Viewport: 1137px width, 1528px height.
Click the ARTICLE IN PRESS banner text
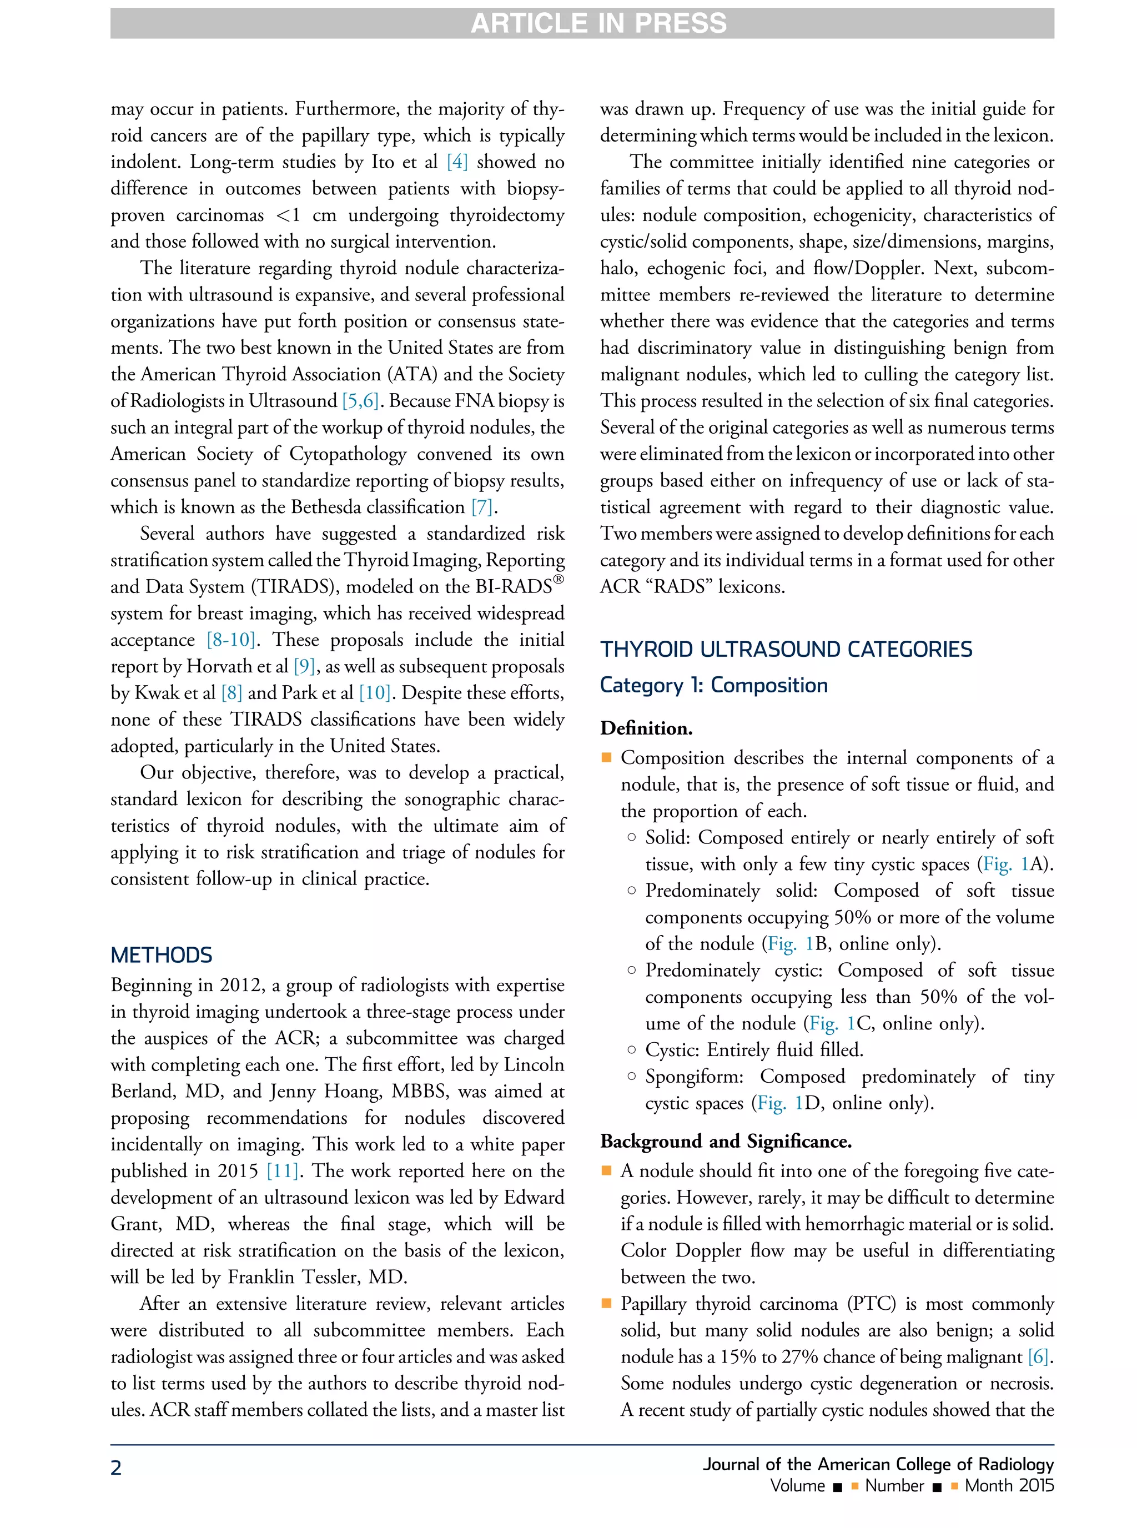pyautogui.click(x=597, y=23)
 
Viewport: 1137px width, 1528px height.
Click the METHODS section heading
pyautogui.click(x=161, y=954)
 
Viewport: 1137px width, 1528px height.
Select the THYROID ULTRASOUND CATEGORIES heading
pyautogui.click(x=786, y=649)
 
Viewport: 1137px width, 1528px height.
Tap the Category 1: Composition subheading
pyautogui.click(x=714, y=685)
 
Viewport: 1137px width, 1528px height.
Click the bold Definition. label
pyautogui.click(x=646, y=728)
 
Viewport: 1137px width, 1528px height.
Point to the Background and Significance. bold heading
pyautogui.click(x=726, y=1141)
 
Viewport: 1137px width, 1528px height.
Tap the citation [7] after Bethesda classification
pyautogui.click(x=482, y=507)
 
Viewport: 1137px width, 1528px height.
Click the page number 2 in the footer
pyautogui.click(x=117, y=1467)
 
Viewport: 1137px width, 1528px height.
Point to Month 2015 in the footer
pyautogui.click(x=1009, y=1485)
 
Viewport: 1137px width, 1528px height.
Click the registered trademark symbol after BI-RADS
pyautogui.click(x=559, y=580)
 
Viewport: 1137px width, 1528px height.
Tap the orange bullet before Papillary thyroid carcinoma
pyautogui.click(x=606, y=1303)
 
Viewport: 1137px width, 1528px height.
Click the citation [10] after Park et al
pyautogui.click(x=374, y=693)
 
